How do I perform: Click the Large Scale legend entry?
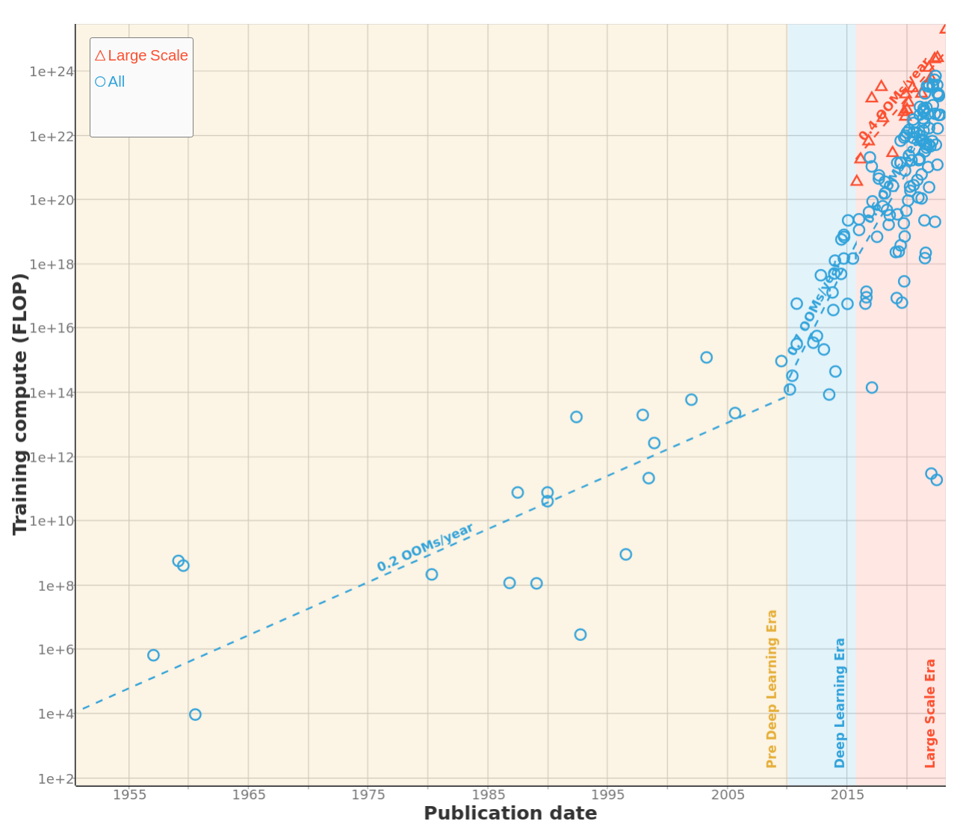click(x=142, y=55)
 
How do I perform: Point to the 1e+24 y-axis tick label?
click(x=52, y=72)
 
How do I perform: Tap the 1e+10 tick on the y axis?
click(x=52, y=521)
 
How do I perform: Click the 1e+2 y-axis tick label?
click(x=55, y=779)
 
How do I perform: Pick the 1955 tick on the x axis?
click(x=129, y=795)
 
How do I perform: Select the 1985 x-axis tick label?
click(x=488, y=795)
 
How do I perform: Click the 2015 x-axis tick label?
click(x=847, y=795)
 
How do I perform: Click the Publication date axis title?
click(x=510, y=814)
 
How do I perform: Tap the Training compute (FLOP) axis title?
click(x=20, y=403)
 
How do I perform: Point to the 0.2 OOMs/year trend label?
click(x=425, y=548)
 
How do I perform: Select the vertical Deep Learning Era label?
click(x=840, y=703)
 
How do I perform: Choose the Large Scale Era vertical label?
click(x=930, y=713)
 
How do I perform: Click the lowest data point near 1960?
click(x=195, y=714)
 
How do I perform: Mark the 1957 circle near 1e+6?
click(x=153, y=655)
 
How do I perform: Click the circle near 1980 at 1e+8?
click(x=432, y=575)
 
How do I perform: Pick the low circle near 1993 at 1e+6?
click(x=580, y=634)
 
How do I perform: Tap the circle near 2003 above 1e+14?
click(x=706, y=357)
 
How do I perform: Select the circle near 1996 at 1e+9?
click(x=626, y=554)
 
